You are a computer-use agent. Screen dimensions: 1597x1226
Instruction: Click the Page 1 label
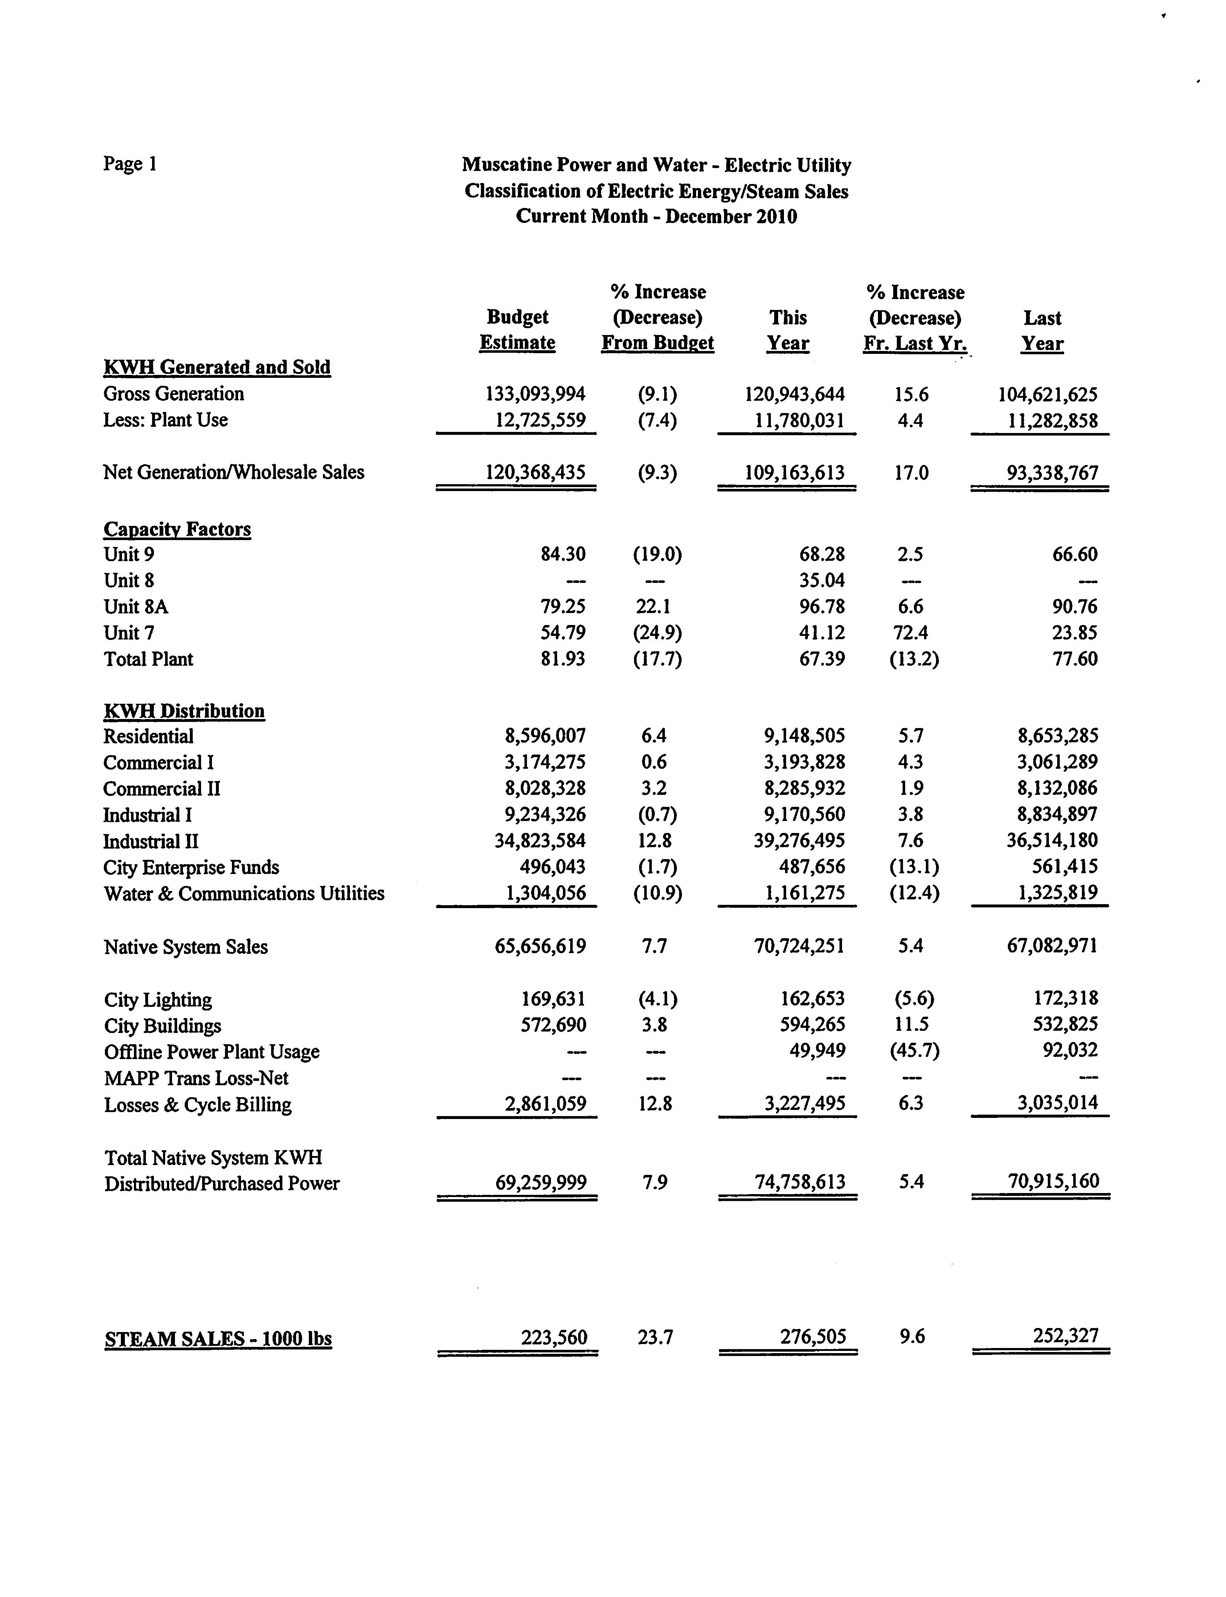(x=130, y=163)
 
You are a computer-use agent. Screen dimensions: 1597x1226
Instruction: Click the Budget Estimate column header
(x=518, y=330)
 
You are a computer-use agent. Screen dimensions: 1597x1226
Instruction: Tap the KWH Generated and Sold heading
(x=217, y=367)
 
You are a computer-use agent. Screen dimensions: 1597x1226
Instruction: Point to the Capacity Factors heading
(x=177, y=529)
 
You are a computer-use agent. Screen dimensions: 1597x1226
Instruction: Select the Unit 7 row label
(x=129, y=633)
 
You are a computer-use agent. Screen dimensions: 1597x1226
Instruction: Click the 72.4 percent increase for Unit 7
(x=911, y=633)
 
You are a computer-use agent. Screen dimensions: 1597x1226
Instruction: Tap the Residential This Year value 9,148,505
(x=804, y=736)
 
